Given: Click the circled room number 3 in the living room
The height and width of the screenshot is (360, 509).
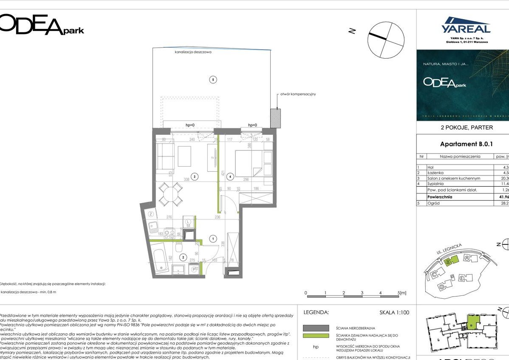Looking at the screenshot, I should pos(194,176).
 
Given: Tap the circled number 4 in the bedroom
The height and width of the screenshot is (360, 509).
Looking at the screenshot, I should pos(230,176).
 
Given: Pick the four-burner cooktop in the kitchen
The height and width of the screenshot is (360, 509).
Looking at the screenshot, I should pos(169,233).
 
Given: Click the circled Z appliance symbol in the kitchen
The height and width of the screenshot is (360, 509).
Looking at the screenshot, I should pos(151,214).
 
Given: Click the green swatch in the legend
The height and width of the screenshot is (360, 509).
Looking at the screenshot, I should pos(316,336).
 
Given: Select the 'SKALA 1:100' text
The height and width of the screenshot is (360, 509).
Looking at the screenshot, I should pos(394,312).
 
